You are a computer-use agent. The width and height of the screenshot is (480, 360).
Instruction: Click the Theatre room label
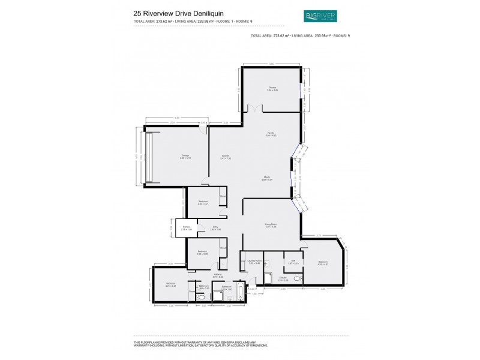pyautogui.click(x=272, y=88)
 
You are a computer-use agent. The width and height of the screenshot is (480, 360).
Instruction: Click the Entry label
pyautogui.click(x=215, y=228)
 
